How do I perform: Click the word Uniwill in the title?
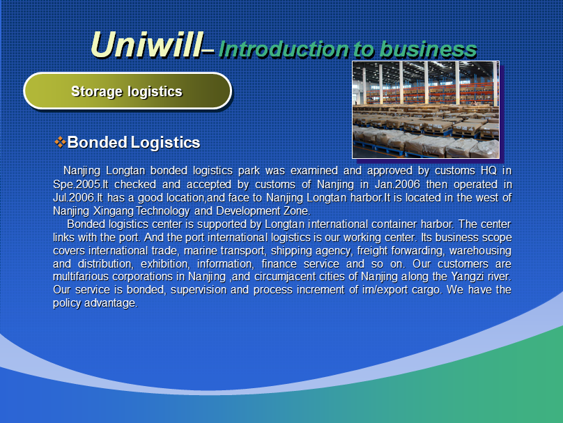point(146,45)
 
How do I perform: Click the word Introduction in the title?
point(284,49)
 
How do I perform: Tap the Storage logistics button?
point(128,91)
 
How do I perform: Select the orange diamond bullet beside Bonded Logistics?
point(60,142)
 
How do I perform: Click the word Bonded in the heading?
point(98,142)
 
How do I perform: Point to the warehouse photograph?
point(426,109)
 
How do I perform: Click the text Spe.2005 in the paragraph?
point(76,184)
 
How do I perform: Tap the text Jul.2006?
point(74,197)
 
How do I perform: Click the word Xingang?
point(113,210)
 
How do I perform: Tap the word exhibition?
point(164,264)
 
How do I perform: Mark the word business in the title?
point(428,49)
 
